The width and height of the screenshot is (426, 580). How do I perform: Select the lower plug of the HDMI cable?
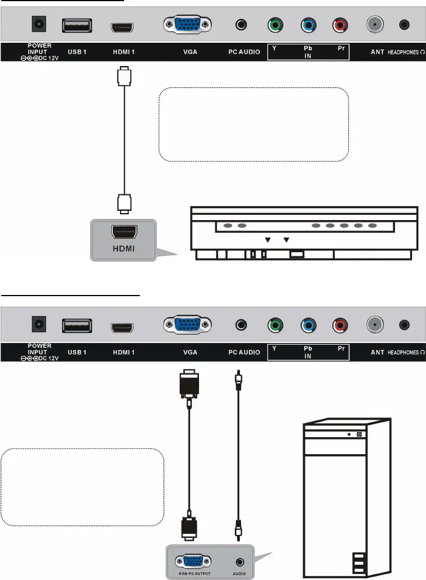click(123, 203)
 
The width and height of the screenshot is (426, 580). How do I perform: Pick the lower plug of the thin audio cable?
click(238, 529)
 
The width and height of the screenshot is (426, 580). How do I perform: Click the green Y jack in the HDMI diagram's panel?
click(274, 26)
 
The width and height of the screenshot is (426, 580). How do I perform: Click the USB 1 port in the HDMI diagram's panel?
click(77, 26)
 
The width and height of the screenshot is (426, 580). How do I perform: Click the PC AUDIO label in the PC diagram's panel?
click(244, 352)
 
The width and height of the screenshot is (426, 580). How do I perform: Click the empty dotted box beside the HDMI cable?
click(253, 125)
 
